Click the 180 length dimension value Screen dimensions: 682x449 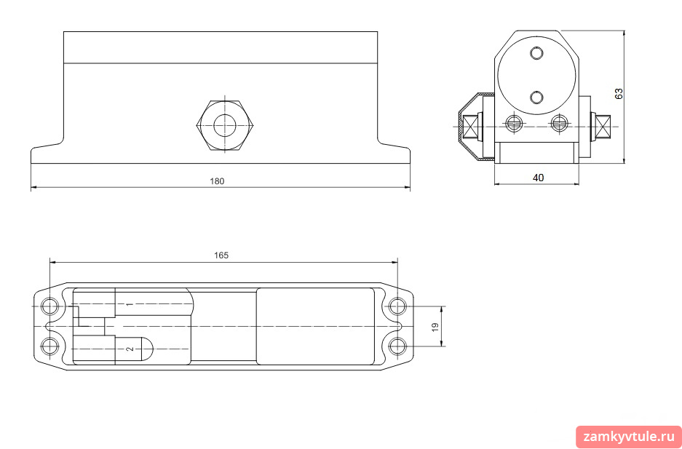tap(217, 181)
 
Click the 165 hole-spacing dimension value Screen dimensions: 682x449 tap(221, 255)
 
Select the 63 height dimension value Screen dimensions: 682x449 tap(619, 93)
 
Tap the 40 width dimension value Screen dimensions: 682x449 tap(539, 178)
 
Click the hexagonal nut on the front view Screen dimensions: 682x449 tap(225, 126)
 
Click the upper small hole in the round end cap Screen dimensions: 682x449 tap(537, 53)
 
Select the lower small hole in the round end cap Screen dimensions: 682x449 tap(537, 98)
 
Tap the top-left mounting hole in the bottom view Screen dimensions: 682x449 tap(49, 306)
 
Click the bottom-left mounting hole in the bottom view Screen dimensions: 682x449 tap(49, 346)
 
